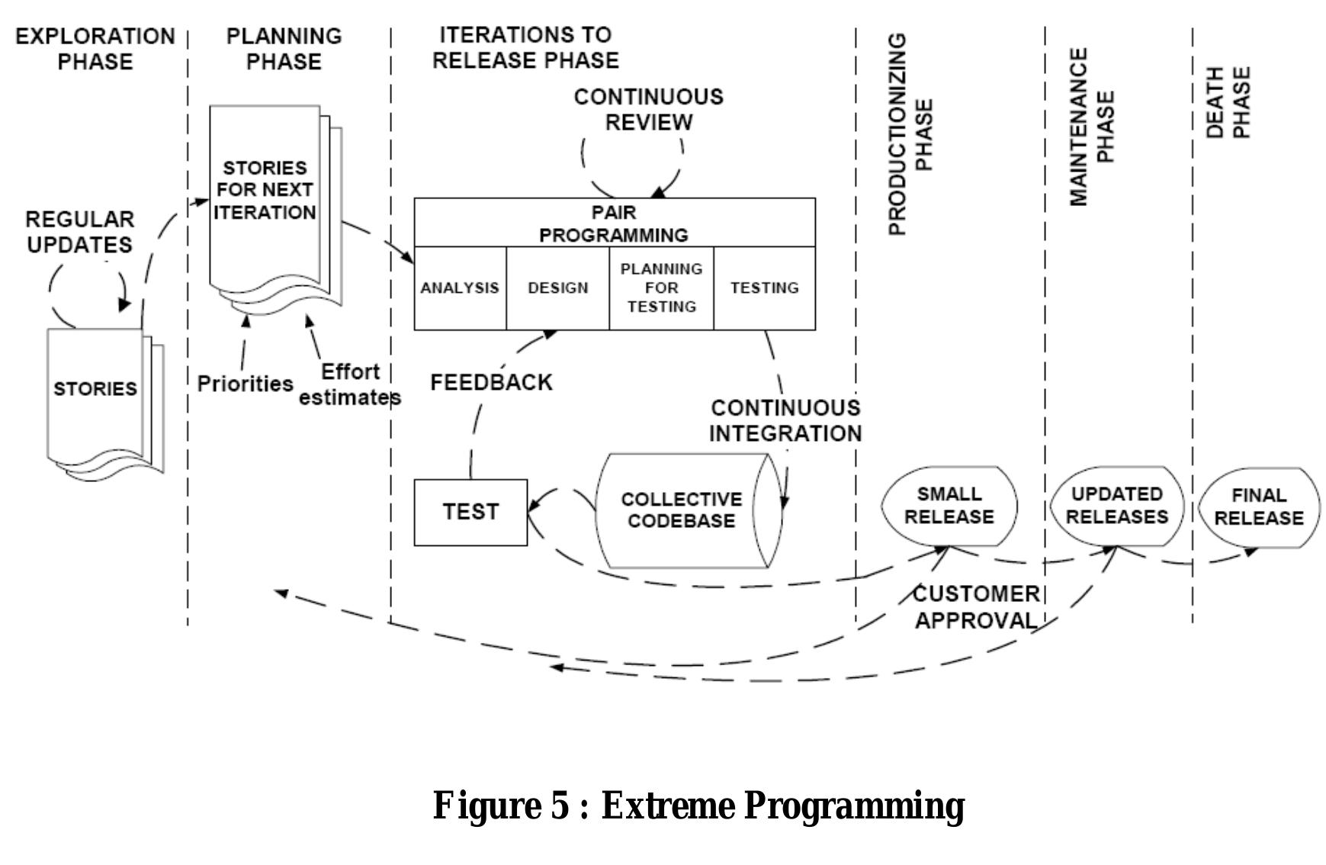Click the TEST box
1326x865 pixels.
pyautogui.click(x=470, y=512)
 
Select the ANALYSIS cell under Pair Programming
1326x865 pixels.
pyautogui.click(x=460, y=288)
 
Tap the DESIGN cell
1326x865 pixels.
pyautogui.click(x=557, y=288)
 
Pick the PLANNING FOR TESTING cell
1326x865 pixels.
pyautogui.click(x=661, y=288)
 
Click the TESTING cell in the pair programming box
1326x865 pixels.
pyautogui.click(x=764, y=288)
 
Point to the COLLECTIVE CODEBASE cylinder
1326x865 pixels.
pyautogui.click(x=680, y=510)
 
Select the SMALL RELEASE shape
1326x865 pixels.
pyautogui.click(x=949, y=506)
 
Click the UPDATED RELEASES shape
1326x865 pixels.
pyautogui.click(x=1116, y=506)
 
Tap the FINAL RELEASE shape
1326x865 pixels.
pyautogui.click(x=1258, y=507)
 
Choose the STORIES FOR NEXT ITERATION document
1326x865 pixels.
pyautogui.click(x=265, y=191)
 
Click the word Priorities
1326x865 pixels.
pyautogui.click(x=245, y=383)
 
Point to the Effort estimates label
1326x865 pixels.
pyautogui.click(x=349, y=384)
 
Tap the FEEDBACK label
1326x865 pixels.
pyautogui.click(x=491, y=382)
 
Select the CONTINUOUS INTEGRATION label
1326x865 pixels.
pyautogui.click(x=785, y=420)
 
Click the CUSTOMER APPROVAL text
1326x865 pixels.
pyautogui.click(x=976, y=607)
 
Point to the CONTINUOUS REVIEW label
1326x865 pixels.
pyautogui.click(x=648, y=109)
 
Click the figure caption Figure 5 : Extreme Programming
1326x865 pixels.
pyautogui.click(x=698, y=806)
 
